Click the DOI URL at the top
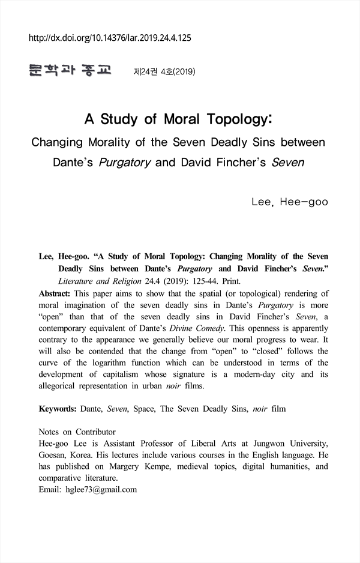pos(110,38)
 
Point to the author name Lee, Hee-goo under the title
pos(290,202)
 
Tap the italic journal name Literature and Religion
pos(98,280)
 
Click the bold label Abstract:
pos(55,294)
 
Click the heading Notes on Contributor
pos(77,432)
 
